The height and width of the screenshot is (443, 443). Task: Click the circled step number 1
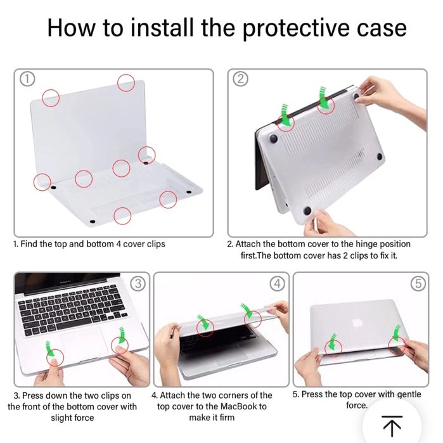tap(27, 79)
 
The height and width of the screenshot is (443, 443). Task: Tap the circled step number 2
tap(240, 79)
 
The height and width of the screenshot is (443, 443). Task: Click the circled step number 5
tap(418, 283)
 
